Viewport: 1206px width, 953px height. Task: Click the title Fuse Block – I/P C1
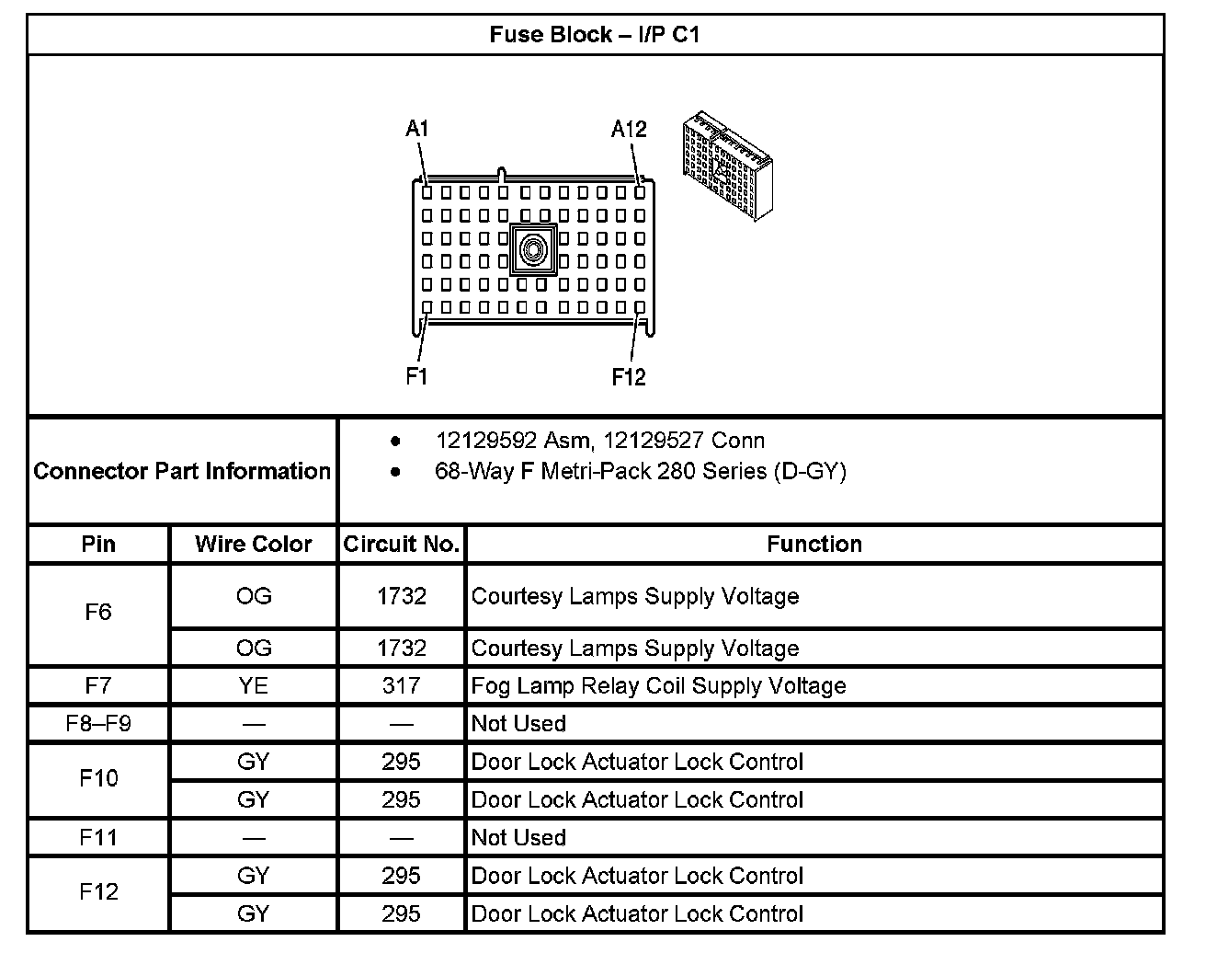tap(594, 35)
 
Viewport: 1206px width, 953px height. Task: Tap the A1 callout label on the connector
tap(416, 129)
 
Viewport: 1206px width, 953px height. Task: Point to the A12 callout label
tap(629, 129)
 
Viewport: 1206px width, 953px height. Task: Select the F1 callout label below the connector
tap(416, 376)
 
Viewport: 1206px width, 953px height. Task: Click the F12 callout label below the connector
tap(629, 376)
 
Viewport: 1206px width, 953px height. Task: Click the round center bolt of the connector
tap(533, 248)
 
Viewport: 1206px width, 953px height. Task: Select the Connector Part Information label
tap(182, 471)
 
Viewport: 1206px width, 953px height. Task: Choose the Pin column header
tap(98, 544)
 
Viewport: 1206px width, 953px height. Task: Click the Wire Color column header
tap(253, 544)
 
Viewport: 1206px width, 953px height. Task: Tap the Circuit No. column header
tap(401, 544)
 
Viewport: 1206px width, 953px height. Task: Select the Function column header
tap(814, 544)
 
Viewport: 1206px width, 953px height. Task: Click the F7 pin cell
tap(98, 685)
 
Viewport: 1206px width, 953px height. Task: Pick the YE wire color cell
tap(253, 685)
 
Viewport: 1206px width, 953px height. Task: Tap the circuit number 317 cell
tap(401, 685)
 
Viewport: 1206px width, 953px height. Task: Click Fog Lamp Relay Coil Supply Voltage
tap(658, 685)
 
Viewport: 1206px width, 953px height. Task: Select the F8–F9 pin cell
tap(98, 723)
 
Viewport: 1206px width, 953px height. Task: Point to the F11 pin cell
tap(98, 837)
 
